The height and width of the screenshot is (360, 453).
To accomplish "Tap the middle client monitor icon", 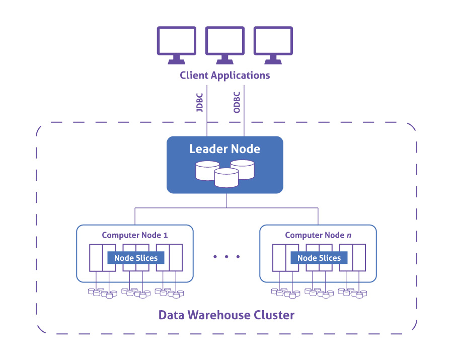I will point(224,43).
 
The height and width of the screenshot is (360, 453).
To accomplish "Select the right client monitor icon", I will point(273,43).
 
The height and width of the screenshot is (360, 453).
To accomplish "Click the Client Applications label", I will point(225,76).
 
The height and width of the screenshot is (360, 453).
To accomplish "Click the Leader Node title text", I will point(224,149).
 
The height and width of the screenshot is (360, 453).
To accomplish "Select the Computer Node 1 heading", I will point(134,235).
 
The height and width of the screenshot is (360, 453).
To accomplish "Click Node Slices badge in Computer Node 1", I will point(136,258).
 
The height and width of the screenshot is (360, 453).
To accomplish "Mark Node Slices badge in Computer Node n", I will point(319,258).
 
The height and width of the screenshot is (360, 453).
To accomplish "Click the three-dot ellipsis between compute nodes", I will point(226,257).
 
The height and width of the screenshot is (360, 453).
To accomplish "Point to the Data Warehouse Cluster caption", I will point(226,316).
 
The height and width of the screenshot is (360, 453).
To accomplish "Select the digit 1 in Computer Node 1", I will point(166,235).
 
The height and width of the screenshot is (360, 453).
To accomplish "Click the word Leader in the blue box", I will point(206,149).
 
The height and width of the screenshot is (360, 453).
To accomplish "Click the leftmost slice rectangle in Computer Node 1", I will point(96,258).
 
